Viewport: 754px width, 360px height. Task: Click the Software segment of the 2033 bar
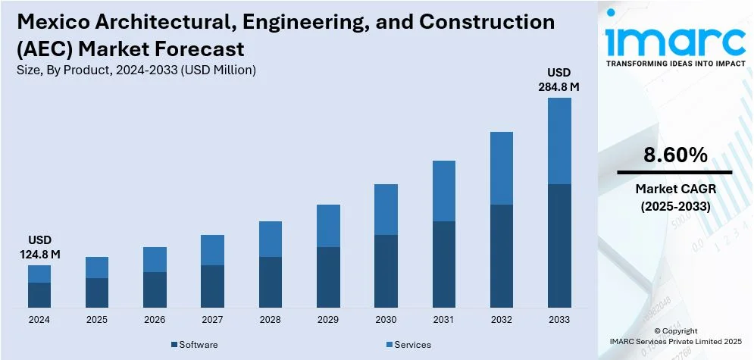click(558, 246)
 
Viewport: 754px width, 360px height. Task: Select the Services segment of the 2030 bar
click(386, 210)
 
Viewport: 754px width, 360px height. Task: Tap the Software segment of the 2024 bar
click(39, 295)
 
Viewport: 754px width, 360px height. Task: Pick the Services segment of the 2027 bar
click(212, 250)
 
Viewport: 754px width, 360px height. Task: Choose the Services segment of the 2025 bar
click(97, 268)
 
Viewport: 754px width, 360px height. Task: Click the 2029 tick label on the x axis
click(327, 320)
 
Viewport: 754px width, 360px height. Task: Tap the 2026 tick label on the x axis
click(155, 320)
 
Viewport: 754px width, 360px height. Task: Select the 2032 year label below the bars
click(501, 320)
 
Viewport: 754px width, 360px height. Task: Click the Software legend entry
click(195, 345)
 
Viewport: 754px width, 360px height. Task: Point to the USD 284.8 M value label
click(558, 80)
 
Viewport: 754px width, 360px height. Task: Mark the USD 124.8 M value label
click(39, 248)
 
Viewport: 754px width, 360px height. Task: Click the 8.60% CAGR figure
click(675, 155)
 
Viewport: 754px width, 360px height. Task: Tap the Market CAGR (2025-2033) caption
click(675, 196)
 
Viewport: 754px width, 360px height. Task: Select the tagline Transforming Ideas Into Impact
click(675, 64)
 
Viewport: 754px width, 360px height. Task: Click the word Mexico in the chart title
click(48, 22)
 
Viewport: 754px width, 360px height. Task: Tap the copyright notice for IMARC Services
click(675, 337)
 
